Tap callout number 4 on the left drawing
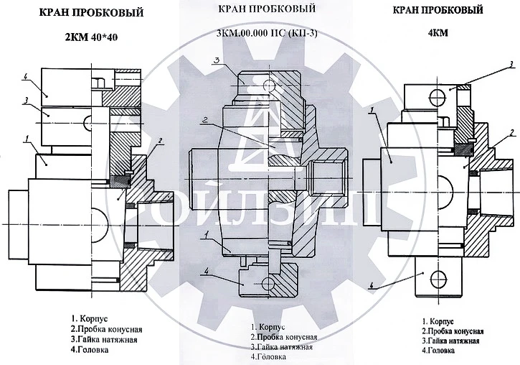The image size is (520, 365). [26, 76]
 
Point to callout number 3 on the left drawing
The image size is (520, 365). [26, 101]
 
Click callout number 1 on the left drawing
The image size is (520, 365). [25, 137]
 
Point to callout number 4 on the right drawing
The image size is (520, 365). [372, 285]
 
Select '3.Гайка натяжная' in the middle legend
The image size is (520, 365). [281, 347]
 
